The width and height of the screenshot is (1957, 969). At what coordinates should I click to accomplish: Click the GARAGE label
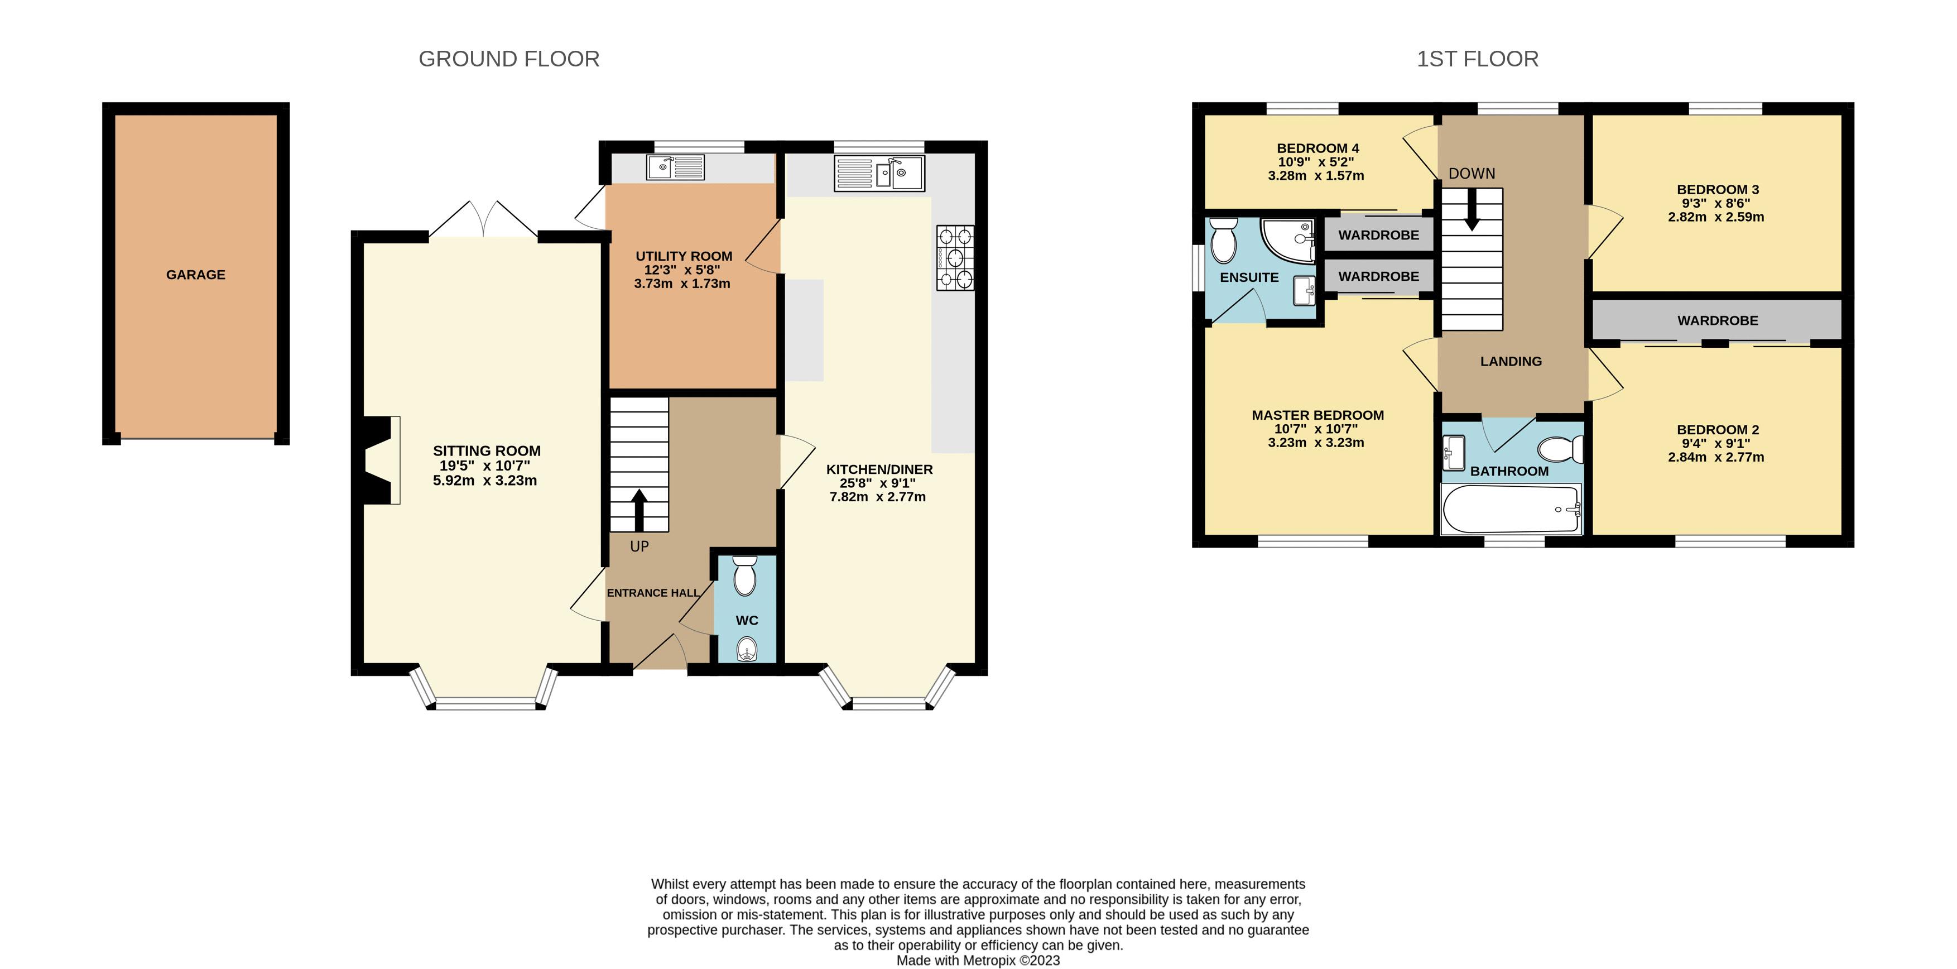click(x=196, y=275)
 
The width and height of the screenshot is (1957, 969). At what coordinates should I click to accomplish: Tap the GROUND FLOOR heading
click(x=509, y=59)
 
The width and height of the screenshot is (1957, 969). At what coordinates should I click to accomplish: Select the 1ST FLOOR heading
click(x=1478, y=59)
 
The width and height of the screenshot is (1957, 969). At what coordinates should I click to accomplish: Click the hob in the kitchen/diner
click(x=955, y=258)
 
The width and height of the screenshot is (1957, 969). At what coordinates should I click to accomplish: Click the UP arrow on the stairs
click(x=639, y=511)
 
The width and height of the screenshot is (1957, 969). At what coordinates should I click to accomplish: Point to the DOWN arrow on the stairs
click(x=1472, y=209)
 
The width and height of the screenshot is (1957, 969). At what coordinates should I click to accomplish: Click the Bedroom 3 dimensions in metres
click(x=1716, y=217)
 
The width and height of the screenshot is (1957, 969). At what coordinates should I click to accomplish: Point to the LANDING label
click(x=1511, y=361)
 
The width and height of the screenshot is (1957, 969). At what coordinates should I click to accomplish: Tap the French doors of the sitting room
click(x=484, y=219)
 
